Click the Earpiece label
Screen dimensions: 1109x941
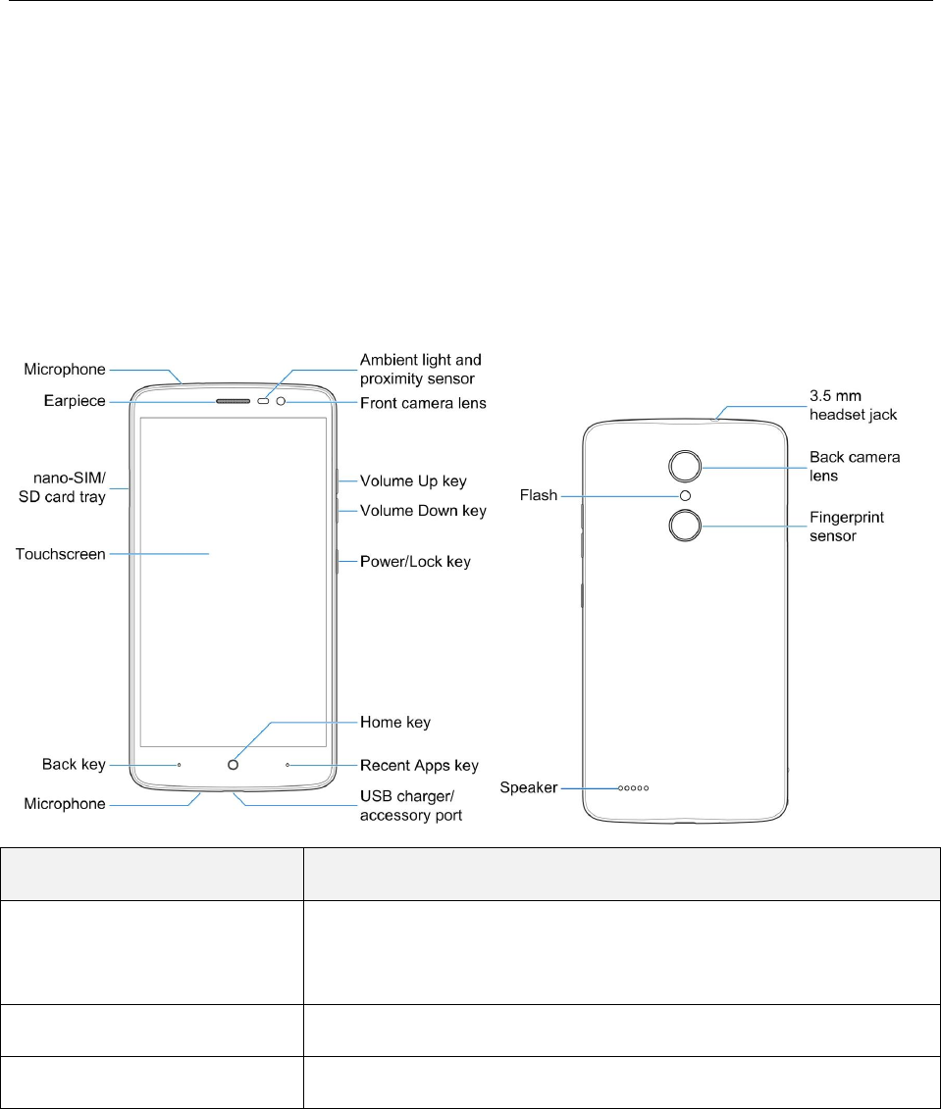74,401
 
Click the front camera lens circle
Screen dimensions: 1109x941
281,402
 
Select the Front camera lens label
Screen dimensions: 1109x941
423,402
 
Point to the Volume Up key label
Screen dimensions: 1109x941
413,481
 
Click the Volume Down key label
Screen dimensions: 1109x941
423,511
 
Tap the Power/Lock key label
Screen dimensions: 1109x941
415,562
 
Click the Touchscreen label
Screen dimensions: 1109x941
60,555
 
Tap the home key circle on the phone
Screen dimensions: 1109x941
233,765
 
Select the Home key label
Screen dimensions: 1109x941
395,723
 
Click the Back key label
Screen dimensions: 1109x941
74,765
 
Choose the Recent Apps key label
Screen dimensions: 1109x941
419,765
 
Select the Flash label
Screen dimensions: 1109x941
539,496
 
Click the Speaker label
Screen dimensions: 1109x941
529,787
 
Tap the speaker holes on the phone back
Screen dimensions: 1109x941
633,787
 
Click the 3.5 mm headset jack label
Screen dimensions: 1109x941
854,406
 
